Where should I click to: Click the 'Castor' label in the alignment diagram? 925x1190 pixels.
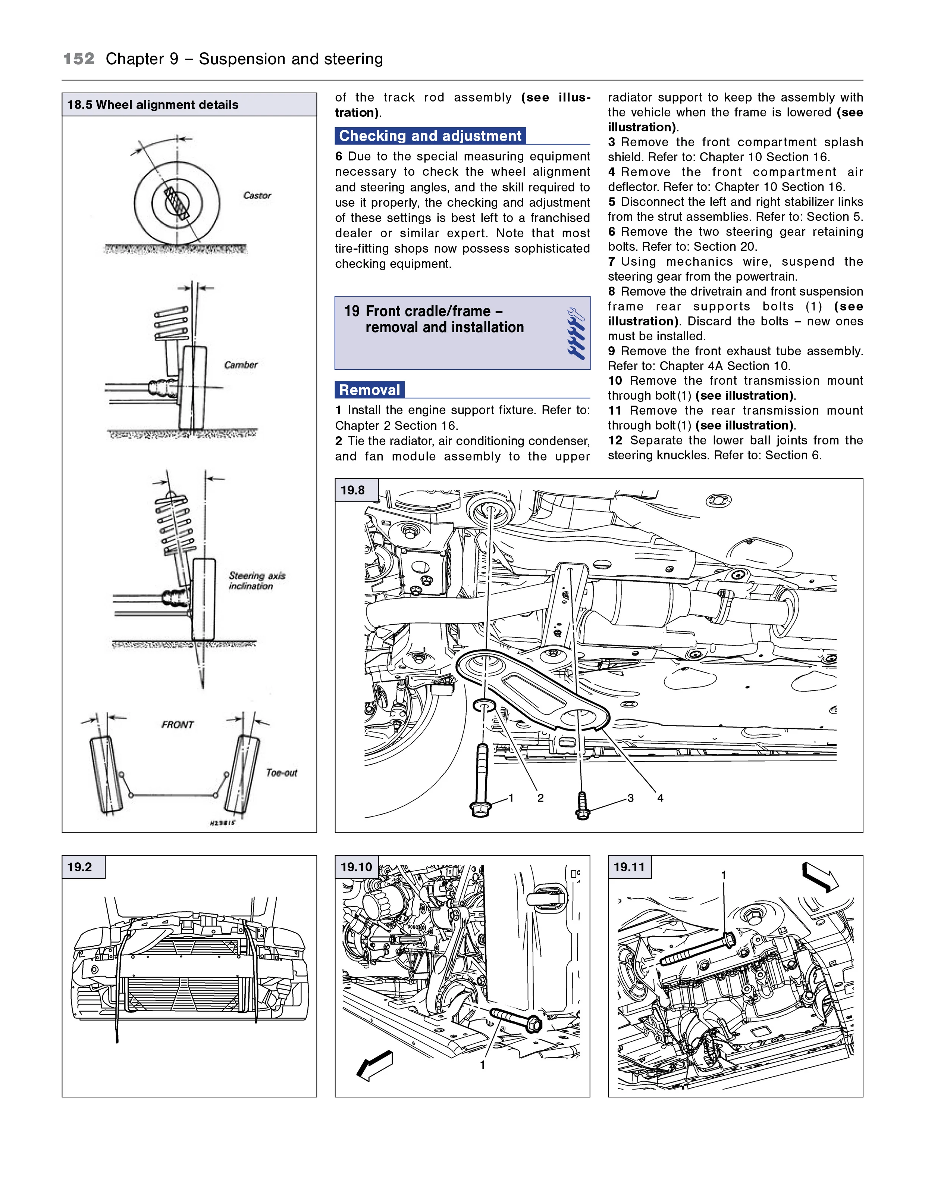click(x=257, y=195)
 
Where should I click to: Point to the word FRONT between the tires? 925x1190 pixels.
click(x=177, y=724)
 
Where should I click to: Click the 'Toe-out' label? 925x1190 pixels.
click(x=282, y=773)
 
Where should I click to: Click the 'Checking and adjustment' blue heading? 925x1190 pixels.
click(x=430, y=136)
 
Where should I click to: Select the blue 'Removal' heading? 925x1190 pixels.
click(x=369, y=390)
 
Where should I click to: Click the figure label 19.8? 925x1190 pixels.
click(x=352, y=490)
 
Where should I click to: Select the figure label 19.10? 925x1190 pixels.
click(x=356, y=867)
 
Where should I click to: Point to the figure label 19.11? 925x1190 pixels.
click(x=629, y=867)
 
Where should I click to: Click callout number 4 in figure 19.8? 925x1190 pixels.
click(x=660, y=798)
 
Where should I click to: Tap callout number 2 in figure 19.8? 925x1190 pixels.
click(x=540, y=798)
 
